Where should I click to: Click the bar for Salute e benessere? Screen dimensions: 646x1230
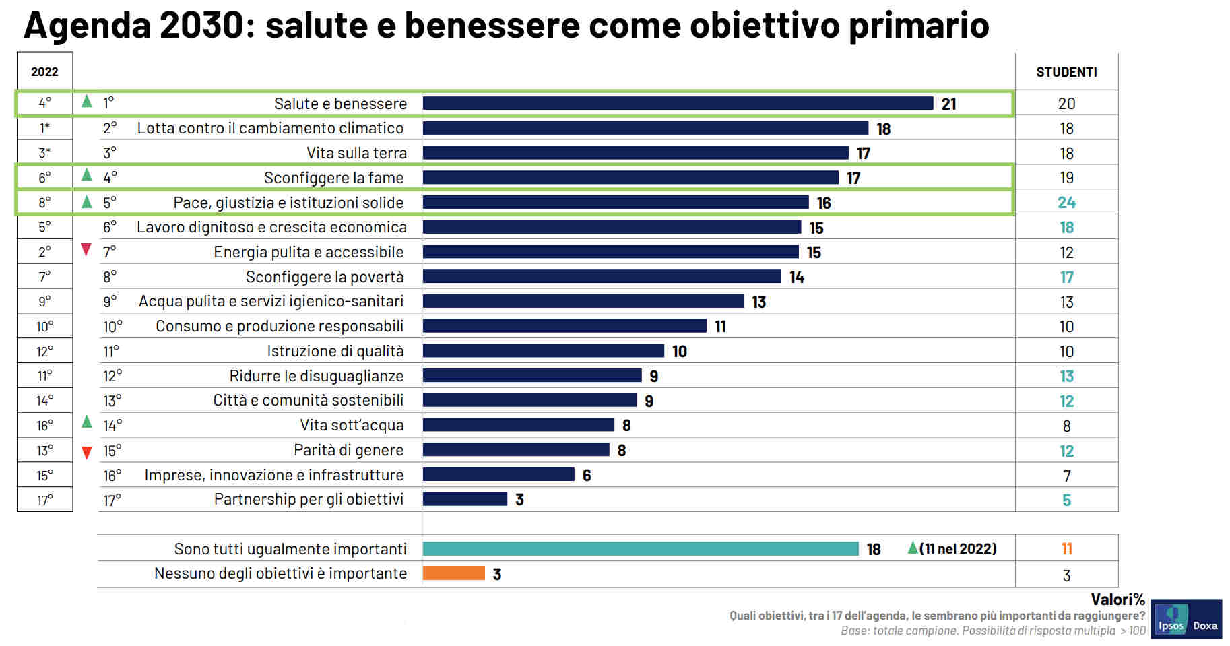[x=677, y=103]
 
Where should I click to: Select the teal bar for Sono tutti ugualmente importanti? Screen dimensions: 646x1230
[x=640, y=548]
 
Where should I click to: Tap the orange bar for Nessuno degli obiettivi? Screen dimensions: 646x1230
[x=453, y=573]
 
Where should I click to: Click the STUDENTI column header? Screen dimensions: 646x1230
[x=1066, y=72]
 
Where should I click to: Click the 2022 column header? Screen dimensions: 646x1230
[x=44, y=72]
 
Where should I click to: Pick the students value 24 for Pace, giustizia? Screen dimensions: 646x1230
[x=1066, y=203]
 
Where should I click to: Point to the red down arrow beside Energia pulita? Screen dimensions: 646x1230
[x=86, y=250]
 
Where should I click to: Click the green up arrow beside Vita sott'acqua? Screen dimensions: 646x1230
[x=86, y=422]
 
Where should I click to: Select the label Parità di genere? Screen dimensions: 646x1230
[x=348, y=450]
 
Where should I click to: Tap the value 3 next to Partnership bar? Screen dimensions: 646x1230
[x=519, y=500]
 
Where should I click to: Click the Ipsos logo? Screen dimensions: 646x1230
[x=1171, y=618]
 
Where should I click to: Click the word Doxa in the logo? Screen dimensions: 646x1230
[x=1205, y=626]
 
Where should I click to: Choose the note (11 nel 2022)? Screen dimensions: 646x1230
[x=957, y=549]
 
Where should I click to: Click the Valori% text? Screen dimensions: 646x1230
[x=1118, y=600]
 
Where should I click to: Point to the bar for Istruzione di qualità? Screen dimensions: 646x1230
[x=543, y=351]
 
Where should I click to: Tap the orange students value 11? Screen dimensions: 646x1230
[x=1066, y=549]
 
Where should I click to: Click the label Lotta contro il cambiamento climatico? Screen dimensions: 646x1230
[x=270, y=128]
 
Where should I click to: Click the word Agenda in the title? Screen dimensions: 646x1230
[x=87, y=26]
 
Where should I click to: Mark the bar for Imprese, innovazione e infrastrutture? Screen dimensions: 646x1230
[x=498, y=475]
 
